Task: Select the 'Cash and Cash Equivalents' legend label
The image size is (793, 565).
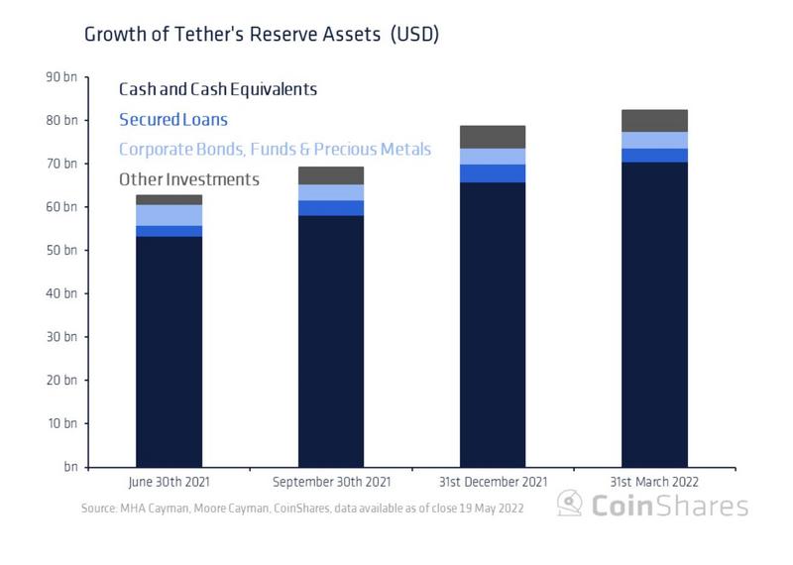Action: (x=217, y=89)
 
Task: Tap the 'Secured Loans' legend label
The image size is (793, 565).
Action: (x=172, y=120)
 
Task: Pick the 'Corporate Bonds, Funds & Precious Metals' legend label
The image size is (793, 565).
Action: (x=275, y=150)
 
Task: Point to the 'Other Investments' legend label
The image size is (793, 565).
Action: (x=188, y=179)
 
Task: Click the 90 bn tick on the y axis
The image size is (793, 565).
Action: (x=61, y=77)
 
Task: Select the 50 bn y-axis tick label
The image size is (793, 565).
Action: (x=61, y=251)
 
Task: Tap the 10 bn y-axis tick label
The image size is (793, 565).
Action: (x=61, y=423)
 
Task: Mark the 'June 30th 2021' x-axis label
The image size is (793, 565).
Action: (x=170, y=482)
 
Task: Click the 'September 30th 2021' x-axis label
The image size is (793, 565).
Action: (x=331, y=482)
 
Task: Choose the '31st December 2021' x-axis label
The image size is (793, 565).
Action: (x=493, y=482)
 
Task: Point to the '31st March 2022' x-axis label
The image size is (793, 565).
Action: (x=654, y=482)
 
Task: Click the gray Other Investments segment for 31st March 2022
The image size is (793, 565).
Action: (x=654, y=121)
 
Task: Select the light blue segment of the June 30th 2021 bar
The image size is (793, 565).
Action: (x=170, y=215)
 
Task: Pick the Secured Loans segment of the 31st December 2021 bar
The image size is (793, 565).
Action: (x=493, y=173)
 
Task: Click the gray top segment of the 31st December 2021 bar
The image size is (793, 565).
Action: (x=493, y=137)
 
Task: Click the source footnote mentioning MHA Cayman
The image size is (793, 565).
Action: (x=302, y=508)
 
